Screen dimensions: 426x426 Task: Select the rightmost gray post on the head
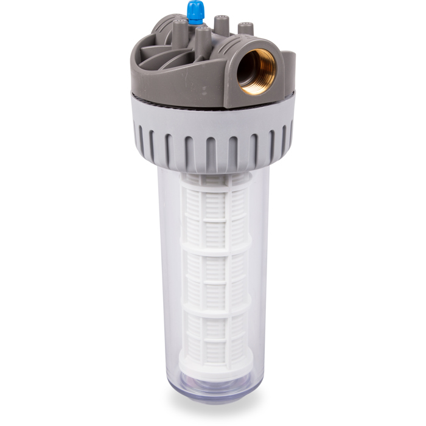pyautogui.click(x=245, y=29)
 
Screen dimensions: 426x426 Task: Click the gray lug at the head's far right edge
pyautogui.click(x=290, y=67)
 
